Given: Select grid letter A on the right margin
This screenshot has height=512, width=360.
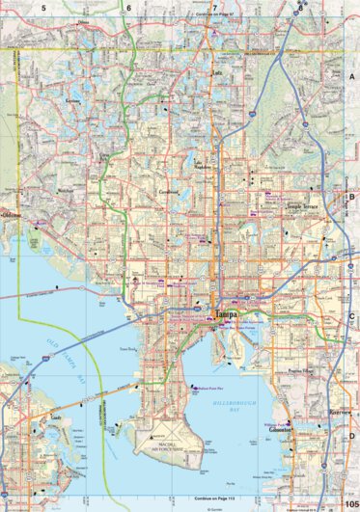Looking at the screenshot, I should pyautogui.click(x=352, y=75).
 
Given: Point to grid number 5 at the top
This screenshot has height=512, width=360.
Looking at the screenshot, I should pyautogui.click(x=43, y=6).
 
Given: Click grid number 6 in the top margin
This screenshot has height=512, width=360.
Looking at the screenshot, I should pyautogui.click(x=129, y=6).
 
